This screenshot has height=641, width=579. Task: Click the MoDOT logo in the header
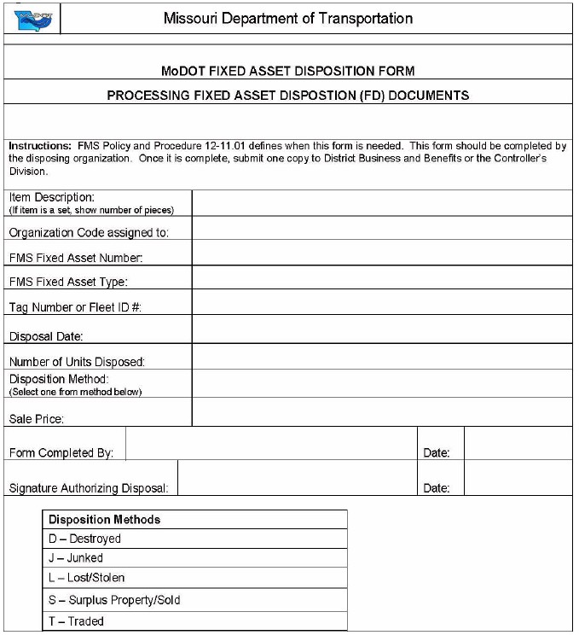click(32, 19)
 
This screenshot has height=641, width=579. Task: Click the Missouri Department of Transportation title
click(287, 18)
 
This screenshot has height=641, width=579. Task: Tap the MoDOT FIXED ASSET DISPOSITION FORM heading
click(287, 71)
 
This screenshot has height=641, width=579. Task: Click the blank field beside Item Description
click(381, 203)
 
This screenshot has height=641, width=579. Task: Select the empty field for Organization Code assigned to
click(381, 229)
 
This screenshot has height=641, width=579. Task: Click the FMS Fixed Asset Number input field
click(381, 253)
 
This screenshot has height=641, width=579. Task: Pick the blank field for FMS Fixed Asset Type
click(381, 278)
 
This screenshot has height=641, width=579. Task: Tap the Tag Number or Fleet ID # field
click(381, 303)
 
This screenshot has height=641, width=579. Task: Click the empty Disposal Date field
click(381, 329)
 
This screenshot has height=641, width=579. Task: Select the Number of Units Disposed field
click(381, 357)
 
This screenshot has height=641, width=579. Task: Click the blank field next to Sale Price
click(381, 412)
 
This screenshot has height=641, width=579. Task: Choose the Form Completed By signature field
click(271, 444)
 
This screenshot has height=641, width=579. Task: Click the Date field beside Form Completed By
click(518, 444)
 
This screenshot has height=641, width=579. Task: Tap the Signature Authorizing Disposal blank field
click(297, 478)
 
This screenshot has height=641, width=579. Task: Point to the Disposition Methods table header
click(194, 520)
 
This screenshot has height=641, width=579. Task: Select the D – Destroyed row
click(194, 539)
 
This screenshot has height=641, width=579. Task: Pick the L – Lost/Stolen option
click(194, 579)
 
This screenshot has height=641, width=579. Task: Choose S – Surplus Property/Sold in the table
click(194, 600)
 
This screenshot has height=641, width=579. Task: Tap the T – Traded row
click(194, 621)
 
